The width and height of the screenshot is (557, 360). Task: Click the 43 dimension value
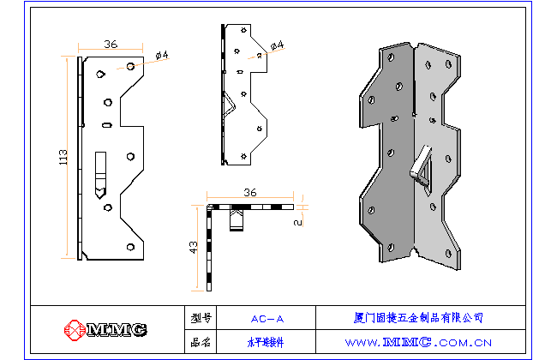[195, 248]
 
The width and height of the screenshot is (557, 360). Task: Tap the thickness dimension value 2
[296, 221]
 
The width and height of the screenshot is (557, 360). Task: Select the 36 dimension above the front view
[111, 44]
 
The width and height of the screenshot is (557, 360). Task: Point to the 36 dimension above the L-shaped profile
[249, 193]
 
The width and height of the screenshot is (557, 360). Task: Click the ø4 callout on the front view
[162, 56]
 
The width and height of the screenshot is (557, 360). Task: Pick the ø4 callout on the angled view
[277, 44]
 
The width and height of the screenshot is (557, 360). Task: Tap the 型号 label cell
[201, 318]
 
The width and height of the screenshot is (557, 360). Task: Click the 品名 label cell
[201, 341]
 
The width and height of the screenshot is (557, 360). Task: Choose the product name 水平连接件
[267, 341]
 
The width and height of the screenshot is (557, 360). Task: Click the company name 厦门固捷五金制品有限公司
[418, 318]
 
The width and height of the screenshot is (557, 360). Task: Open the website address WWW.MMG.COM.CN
[418, 341]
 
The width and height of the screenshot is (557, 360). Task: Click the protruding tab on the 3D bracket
[421, 165]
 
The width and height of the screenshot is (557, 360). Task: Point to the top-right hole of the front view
[131, 65]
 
